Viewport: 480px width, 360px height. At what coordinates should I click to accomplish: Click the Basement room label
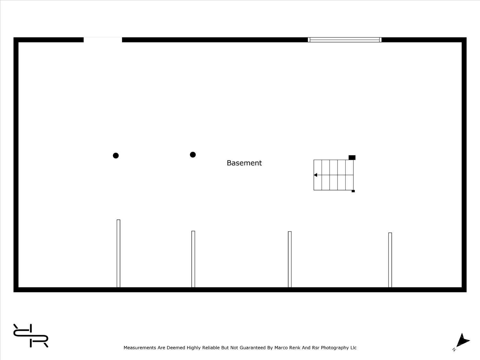tap(244, 163)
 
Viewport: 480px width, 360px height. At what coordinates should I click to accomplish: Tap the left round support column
tap(116, 156)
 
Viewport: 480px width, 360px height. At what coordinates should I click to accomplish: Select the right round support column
tap(193, 155)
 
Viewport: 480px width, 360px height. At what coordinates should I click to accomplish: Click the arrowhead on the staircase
tap(315, 175)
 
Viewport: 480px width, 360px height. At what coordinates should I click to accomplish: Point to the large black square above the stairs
tap(352, 157)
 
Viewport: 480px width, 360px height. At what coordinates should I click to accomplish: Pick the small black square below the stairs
tap(353, 191)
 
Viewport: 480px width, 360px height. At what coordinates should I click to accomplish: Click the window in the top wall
tap(345, 40)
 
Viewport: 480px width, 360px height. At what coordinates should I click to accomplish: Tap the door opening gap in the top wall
tap(103, 40)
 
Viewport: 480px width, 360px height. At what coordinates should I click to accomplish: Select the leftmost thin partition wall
tap(118, 253)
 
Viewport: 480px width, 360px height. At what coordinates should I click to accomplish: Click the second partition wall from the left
tap(193, 259)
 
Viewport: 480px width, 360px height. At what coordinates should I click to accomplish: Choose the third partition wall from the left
tap(290, 259)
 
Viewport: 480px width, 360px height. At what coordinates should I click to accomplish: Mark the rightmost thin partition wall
tap(390, 260)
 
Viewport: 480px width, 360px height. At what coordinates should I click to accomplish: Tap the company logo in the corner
tap(31, 335)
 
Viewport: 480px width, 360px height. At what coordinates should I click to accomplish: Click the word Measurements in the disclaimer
tap(140, 348)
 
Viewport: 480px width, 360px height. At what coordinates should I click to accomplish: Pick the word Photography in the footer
tap(335, 348)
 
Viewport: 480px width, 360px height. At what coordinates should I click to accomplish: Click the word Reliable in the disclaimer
tap(211, 348)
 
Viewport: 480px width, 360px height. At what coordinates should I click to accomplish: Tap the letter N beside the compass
tap(454, 350)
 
